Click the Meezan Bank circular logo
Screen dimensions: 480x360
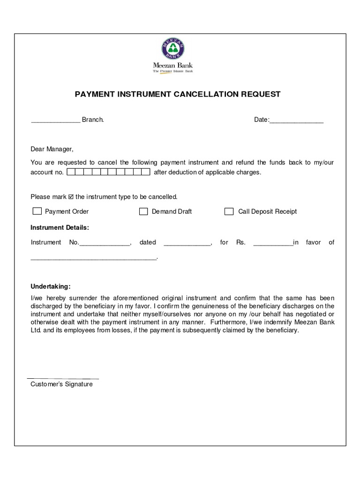click(173, 49)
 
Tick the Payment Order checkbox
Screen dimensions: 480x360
click(37, 211)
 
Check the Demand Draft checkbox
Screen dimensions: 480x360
click(143, 211)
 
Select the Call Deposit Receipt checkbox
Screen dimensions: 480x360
click(229, 211)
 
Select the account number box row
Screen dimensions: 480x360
click(109, 172)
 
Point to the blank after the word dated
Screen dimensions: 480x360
click(187, 244)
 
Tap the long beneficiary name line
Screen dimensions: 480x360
click(94, 258)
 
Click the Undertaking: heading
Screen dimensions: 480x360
click(51, 286)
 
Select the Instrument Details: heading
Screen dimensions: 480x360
click(60, 228)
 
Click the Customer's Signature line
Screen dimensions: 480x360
click(63, 378)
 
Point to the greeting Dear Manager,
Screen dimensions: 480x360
click(52, 149)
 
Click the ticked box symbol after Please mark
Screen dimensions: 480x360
click(71, 197)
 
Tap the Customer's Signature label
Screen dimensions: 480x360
click(61, 384)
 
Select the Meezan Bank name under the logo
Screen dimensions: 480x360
click(173, 66)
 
